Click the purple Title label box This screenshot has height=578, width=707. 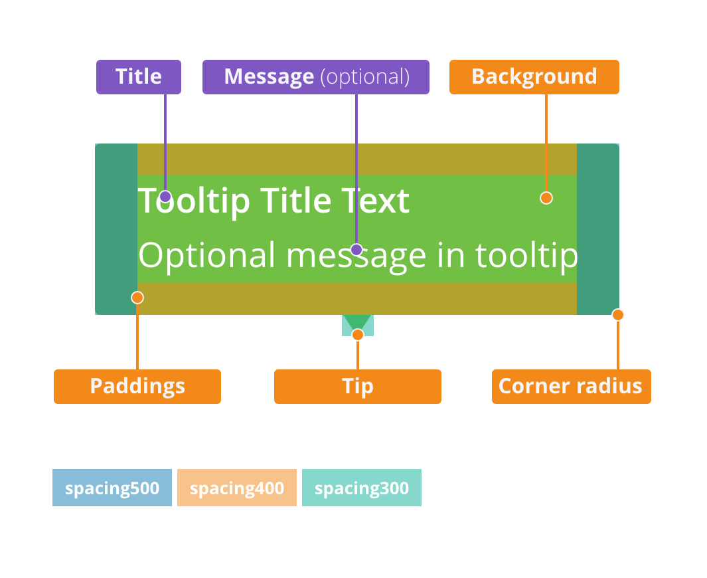tap(139, 76)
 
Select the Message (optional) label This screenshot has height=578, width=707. tap(315, 76)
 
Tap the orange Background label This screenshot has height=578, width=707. tap(534, 76)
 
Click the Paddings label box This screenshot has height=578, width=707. tap(137, 386)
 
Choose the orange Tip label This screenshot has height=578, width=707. tap(358, 386)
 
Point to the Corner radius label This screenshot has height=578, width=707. tap(572, 386)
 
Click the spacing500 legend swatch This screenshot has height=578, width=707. tap(112, 488)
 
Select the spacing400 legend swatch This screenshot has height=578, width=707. tap(237, 488)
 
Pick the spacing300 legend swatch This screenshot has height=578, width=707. tap(362, 488)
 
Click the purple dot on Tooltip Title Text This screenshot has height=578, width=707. tap(165, 197)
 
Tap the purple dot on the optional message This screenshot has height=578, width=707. tap(356, 250)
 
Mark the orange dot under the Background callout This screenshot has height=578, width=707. tap(546, 197)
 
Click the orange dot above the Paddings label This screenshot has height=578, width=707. tap(137, 298)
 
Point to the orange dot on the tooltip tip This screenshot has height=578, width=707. tap(358, 335)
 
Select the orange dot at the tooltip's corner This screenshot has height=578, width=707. tap(618, 314)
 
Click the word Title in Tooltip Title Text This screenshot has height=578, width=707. tap(297, 201)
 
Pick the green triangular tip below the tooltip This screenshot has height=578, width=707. tap(357, 322)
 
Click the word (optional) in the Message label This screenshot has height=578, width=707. tap(364, 77)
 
